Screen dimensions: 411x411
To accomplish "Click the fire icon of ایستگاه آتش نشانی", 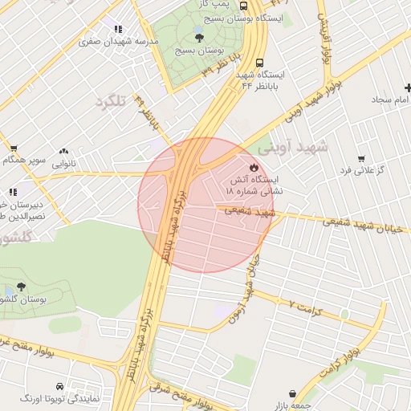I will click(x=254, y=167).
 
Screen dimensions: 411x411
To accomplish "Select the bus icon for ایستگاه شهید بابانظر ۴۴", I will click(x=258, y=63).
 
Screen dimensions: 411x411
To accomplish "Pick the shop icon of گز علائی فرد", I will click(x=361, y=158).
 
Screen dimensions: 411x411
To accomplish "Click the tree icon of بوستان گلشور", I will click(x=21, y=287).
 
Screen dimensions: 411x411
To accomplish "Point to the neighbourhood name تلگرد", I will click(x=112, y=103).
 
